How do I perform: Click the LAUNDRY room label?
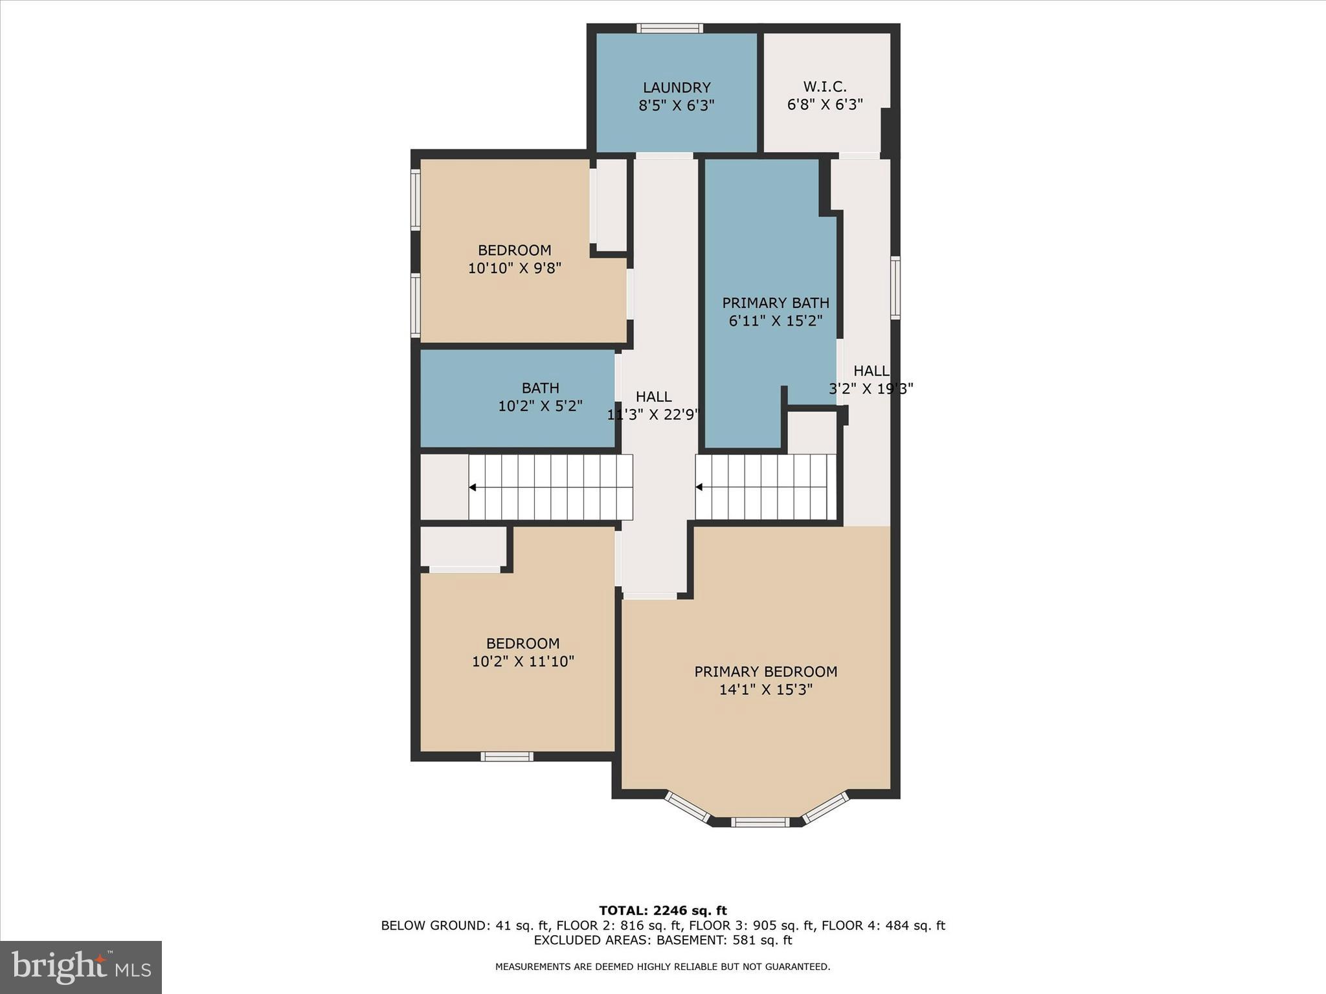click(676, 87)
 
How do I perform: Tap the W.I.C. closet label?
click(824, 87)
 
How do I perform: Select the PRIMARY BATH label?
click(775, 303)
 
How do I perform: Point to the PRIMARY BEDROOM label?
click(765, 672)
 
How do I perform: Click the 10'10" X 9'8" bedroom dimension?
click(514, 268)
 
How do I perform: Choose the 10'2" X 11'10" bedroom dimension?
click(523, 661)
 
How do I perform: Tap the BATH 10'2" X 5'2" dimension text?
click(540, 406)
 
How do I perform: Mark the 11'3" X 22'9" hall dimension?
click(653, 415)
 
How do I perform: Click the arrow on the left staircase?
click(473, 487)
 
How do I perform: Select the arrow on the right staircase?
click(699, 487)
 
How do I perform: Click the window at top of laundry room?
click(669, 28)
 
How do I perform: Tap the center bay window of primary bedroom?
click(760, 823)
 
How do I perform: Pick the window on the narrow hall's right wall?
click(895, 287)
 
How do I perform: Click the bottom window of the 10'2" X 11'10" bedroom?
click(506, 757)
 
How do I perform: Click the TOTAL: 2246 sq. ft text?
click(662, 911)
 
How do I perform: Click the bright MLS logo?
click(81, 967)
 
